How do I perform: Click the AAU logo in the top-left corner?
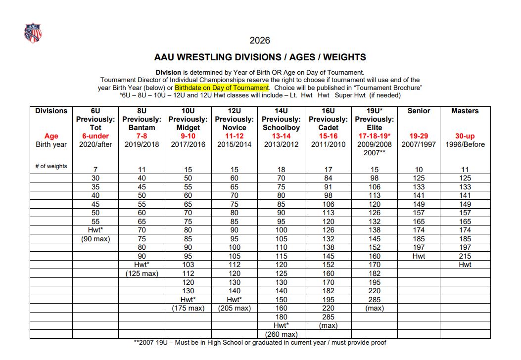tap(33, 33)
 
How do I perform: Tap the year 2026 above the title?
tap(260, 41)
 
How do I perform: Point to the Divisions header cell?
tap(51, 111)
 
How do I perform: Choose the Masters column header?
tap(465, 111)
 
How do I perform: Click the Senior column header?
tap(419, 111)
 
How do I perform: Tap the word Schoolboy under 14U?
tap(281, 128)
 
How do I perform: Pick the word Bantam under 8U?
tap(142, 128)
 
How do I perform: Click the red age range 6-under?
tap(95, 136)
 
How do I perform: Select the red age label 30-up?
tap(465, 136)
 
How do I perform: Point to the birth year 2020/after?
tap(95, 144)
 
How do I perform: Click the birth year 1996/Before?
tap(465, 144)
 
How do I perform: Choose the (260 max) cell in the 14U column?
tap(281, 334)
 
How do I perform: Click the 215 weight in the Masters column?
tap(465, 256)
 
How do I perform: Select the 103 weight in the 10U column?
tap(189, 265)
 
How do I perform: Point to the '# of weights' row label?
tap(51, 166)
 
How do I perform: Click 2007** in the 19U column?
tap(375, 153)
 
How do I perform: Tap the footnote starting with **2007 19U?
tap(260, 343)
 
